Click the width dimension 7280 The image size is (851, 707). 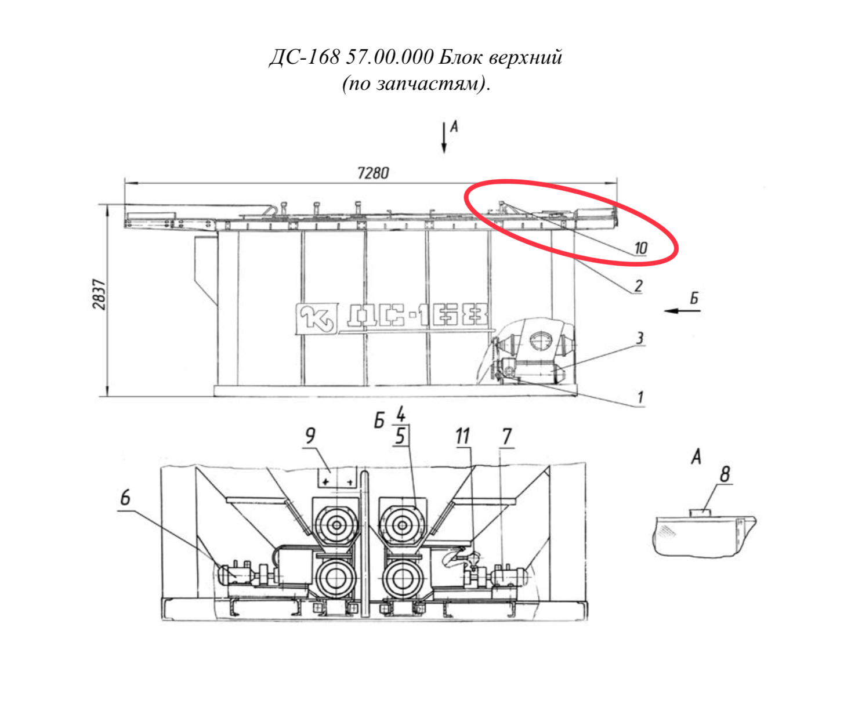pyautogui.click(x=373, y=173)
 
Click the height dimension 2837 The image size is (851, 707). pyautogui.click(x=99, y=294)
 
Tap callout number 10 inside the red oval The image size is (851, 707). pyautogui.click(x=640, y=248)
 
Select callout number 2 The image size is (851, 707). pyautogui.click(x=638, y=286)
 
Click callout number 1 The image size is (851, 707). pyautogui.click(x=640, y=397)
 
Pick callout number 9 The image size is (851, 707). pyautogui.click(x=310, y=436)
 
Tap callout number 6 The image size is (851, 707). pyautogui.click(x=125, y=498)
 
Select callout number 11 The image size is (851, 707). pyautogui.click(x=462, y=436)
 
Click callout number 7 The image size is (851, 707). pyautogui.click(x=507, y=437)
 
